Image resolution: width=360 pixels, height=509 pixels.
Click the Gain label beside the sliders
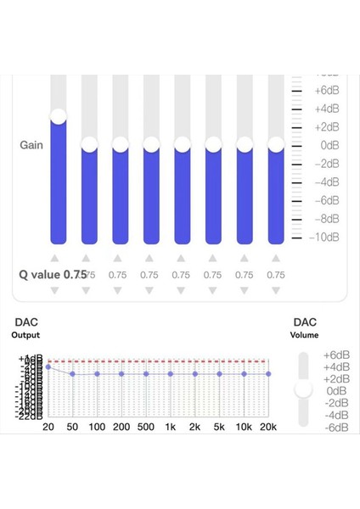[x=32, y=145]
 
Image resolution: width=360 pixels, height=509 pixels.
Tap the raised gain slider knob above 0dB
[x=58, y=116]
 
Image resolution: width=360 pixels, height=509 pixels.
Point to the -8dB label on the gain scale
[x=327, y=219]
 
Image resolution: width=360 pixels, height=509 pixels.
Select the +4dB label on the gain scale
[x=327, y=108]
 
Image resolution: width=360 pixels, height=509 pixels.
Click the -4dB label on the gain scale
[x=327, y=182]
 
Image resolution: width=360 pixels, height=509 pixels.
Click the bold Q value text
[x=53, y=275]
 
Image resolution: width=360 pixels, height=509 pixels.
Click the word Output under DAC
[x=25, y=335]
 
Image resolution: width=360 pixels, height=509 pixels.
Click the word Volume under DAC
[x=305, y=335]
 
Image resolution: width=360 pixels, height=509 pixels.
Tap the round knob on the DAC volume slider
[x=303, y=389]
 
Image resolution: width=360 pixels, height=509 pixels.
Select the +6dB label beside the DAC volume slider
[x=337, y=355]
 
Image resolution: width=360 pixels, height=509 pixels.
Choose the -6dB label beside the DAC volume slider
[x=337, y=428]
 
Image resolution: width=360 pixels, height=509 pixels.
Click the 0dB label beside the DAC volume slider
[x=337, y=391]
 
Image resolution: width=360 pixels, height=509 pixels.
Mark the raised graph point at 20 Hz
[x=48, y=367]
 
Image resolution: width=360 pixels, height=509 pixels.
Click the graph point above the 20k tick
[x=268, y=373]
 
